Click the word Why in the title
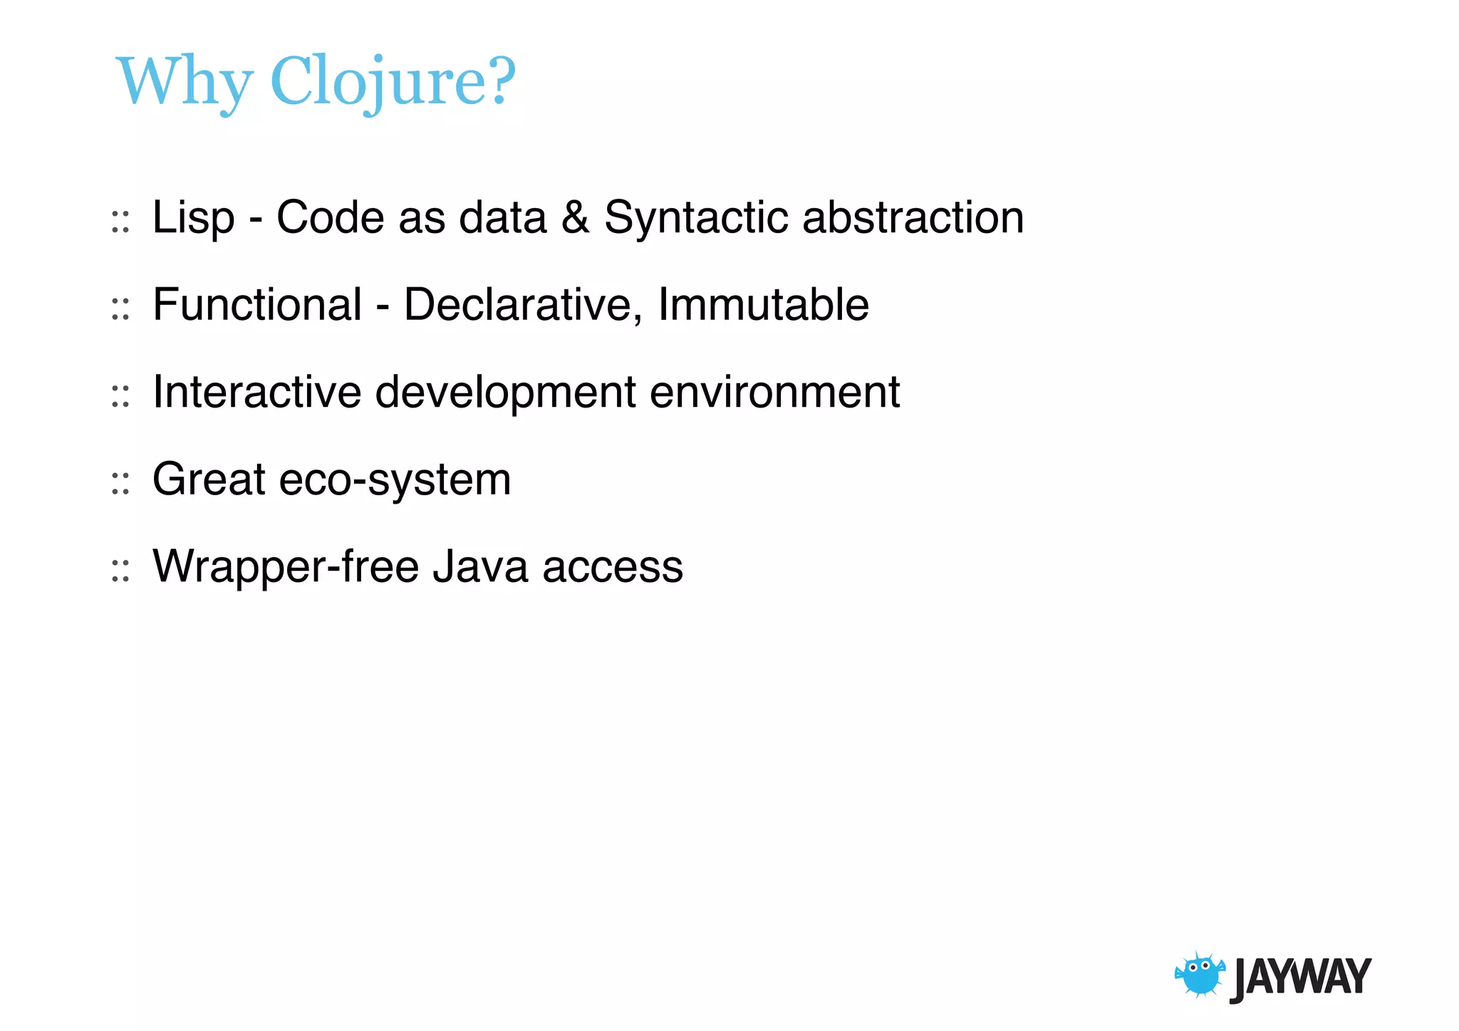pyautogui.click(x=185, y=82)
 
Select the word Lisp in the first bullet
pyautogui.click(x=193, y=217)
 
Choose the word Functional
pyautogui.click(x=257, y=304)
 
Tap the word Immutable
pyautogui.click(x=763, y=304)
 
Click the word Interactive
pyautogui.click(x=257, y=392)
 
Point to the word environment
pyautogui.click(x=774, y=392)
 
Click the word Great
pyautogui.click(x=209, y=479)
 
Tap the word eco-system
pyautogui.click(x=395, y=480)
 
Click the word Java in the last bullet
pyautogui.click(x=480, y=566)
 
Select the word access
pyautogui.click(x=613, y=568)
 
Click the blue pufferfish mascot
pyautogui.click(x=1200, y=975)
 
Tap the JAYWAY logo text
pyautogui.click(x=1301, y=978)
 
